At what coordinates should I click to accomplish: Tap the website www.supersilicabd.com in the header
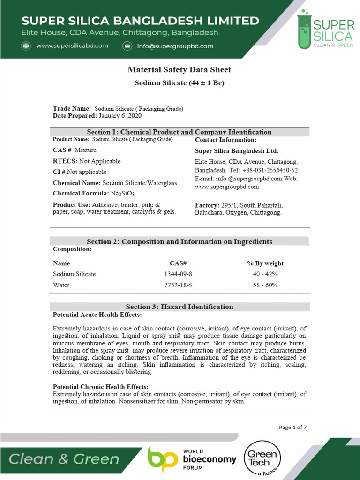coord(72,46)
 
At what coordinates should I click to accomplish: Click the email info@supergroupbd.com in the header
coord(175,46)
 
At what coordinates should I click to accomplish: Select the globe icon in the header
coord(26,46)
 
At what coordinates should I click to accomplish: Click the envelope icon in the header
coord(127,46)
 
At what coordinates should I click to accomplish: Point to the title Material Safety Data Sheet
coord(180,70)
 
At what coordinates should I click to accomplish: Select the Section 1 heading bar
coord(180,132)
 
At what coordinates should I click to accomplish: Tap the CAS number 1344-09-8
coord(178,274)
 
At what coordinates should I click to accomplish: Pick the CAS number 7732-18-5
coord(178,285)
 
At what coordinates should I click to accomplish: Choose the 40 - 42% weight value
coord(265,274)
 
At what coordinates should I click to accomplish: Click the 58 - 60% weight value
coord(265,285)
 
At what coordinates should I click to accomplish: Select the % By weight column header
coord(265,263)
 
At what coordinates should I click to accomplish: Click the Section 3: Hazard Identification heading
coord(180,307)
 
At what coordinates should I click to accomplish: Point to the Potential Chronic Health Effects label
coord(101,387)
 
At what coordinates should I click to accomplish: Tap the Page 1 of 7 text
coord(293,427)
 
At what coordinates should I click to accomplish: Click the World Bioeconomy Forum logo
coord(192,459)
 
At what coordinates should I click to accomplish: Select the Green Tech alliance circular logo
coord(262,458)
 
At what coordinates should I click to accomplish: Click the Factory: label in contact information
coord(207,205)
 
